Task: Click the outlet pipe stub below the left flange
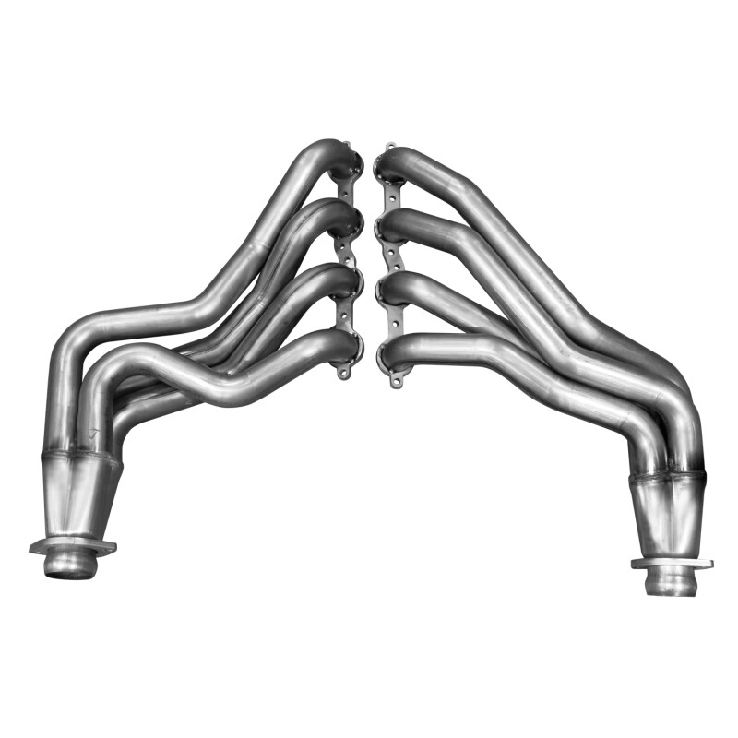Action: click(70, 564)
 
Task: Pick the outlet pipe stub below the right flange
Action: click(672, 581)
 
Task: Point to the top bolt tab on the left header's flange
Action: click(347, 147)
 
